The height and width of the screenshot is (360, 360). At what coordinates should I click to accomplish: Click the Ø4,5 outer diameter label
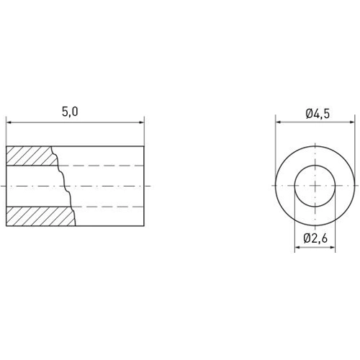(x=318, y=112)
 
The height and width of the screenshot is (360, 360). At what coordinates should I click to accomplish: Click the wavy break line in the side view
(x=65, y=186)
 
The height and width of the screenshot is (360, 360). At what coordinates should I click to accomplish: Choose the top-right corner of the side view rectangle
(x=144, y=145)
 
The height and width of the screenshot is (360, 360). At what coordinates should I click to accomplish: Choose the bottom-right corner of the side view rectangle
(x=144, y=226)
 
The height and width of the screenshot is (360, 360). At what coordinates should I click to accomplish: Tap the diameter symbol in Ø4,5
(x=307, y=112)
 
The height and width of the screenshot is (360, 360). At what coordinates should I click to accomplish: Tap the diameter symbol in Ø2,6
(x=307, y=237)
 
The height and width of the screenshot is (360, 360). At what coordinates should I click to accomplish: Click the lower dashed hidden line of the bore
(x=108, y=207)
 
